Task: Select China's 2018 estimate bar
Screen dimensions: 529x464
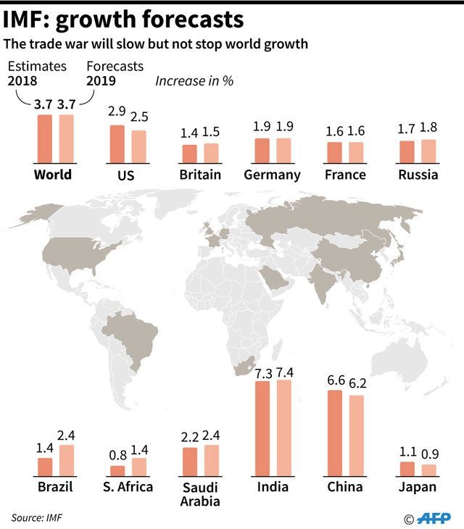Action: pos(335,432)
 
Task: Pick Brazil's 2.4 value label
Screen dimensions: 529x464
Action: pos(67,436)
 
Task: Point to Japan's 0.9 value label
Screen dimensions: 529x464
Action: pos(431,455)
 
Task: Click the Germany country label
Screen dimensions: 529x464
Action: pos(272,175)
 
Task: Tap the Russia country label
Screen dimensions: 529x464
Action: pos(418,175)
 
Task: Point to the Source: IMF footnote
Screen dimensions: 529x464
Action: pos(37,517)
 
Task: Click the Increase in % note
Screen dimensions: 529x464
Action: pos(194,80)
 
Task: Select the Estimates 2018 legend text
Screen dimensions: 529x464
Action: pos(37,72)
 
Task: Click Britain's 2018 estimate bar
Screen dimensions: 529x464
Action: pos(189,154)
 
